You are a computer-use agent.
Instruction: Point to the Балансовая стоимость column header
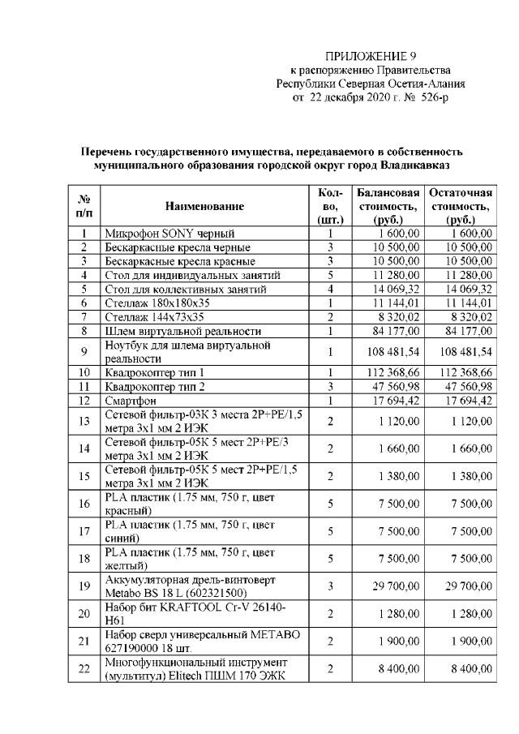click(388, 207)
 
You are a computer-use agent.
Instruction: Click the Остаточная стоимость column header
click(461, 207)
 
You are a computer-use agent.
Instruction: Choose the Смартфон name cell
click(131, 401)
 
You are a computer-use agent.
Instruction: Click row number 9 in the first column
click(84, 352)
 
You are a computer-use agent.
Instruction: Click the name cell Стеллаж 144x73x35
click(154, 316)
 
